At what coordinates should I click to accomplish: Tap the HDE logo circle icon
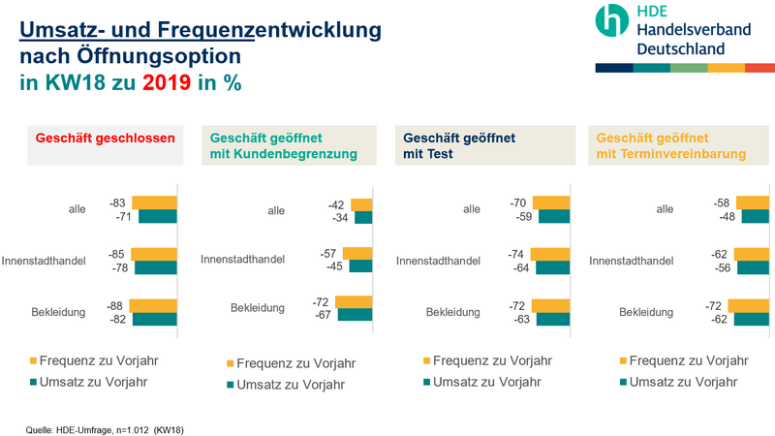click(612, 20)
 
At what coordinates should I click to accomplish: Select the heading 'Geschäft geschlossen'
click(106, 139)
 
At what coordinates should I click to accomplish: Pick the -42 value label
click(338, 204)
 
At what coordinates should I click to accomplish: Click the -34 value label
click(342, 218)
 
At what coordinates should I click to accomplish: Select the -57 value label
click(330, 253)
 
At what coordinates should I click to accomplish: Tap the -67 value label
click(323, 315)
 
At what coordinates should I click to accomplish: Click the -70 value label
click(519, 203)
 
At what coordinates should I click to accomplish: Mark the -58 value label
click(722, 203)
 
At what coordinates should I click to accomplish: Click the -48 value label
click(726, 217)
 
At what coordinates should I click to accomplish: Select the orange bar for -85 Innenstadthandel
click(154, 254)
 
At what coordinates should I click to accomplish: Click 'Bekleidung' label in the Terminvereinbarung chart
click(646, 312)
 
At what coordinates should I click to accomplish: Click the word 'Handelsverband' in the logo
click(694, 30)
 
